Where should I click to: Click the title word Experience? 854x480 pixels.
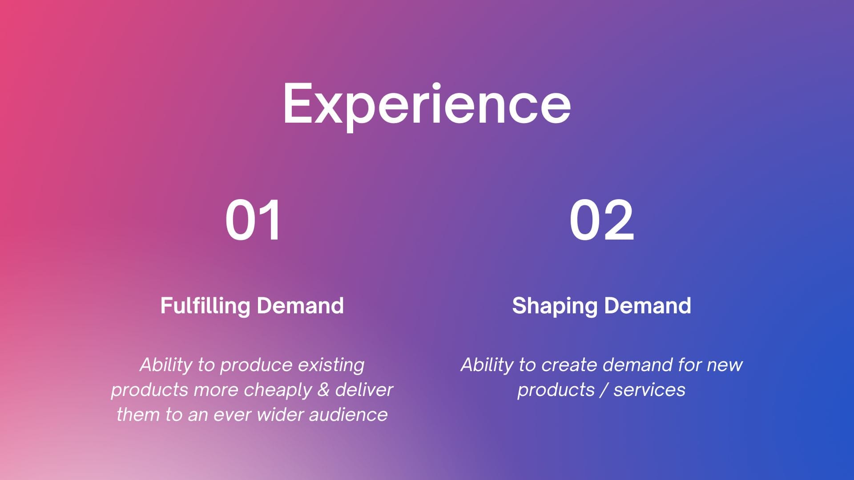[x=427, y=106]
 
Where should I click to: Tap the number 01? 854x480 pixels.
[x=253, y=220]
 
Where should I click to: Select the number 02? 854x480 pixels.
[x=601, y=220]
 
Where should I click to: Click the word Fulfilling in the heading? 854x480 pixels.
[x=205, y=306]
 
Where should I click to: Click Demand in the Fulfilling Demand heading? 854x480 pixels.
[x=300, y=306]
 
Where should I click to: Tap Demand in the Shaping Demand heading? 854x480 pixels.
[x=648, y=306]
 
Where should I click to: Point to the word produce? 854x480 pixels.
[x=256, y=365]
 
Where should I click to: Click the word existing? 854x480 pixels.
[x=331, y=365]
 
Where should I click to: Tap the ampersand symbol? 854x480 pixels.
[x=323, y=390]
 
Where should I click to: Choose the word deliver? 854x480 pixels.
[x=364, y=389]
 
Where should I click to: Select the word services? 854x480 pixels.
[x=649, y=390]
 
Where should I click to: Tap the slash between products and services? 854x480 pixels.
[x=604, y=390]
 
